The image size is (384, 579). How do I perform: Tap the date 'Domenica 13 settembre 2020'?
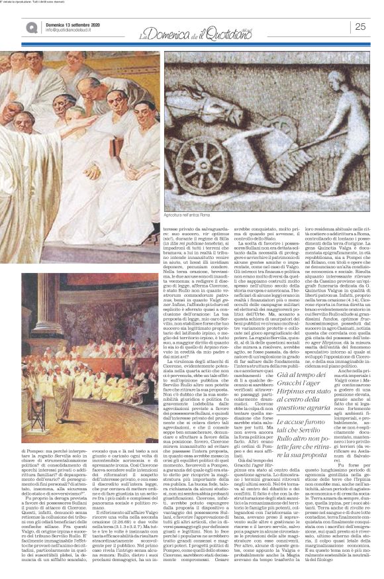[66, 23]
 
